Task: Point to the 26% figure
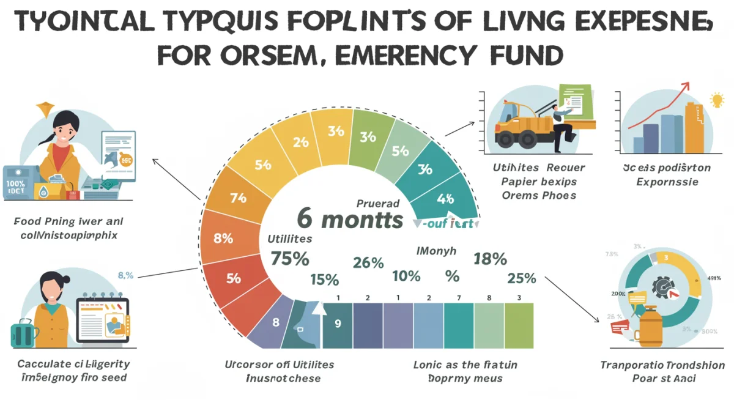[368, 263]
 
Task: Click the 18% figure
[490, 259]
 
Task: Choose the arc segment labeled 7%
[237, 198]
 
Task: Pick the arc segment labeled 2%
[300, 142]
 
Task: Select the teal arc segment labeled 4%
[445, 198]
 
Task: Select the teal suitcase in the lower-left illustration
[25, 334]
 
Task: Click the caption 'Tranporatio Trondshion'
[662, 366]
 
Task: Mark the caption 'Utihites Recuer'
[539, 168]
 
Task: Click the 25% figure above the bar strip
[521, 278]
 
